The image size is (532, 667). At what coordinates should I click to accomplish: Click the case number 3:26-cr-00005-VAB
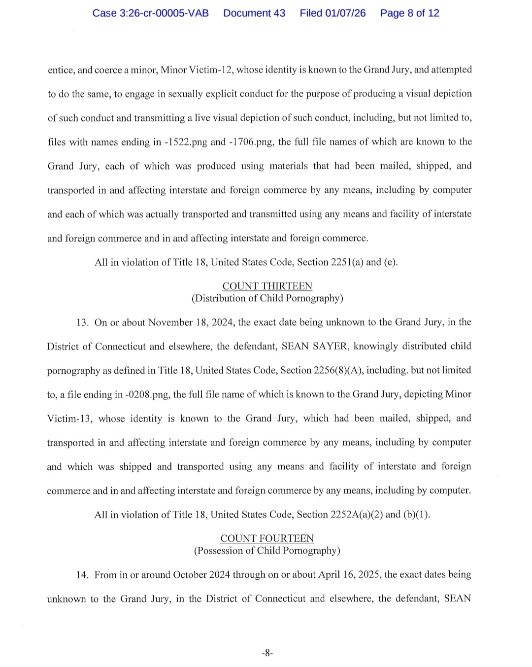click(150, 13)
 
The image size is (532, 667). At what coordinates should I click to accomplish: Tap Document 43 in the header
click(254, 13)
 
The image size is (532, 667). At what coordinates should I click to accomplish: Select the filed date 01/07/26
click(345, 13)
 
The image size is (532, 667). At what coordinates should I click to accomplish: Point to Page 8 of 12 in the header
click(409, 13)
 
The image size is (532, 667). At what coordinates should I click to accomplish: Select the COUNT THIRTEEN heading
click(267, 286)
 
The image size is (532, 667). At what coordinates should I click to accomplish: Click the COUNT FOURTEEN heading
click(267, 539)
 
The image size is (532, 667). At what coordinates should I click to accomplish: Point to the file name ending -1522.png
click(186, 142)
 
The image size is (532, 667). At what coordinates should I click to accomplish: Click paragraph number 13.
click(82, 323)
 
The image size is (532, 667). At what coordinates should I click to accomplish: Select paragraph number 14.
click(82, 575)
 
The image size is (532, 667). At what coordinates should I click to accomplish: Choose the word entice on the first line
click(60, 70)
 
